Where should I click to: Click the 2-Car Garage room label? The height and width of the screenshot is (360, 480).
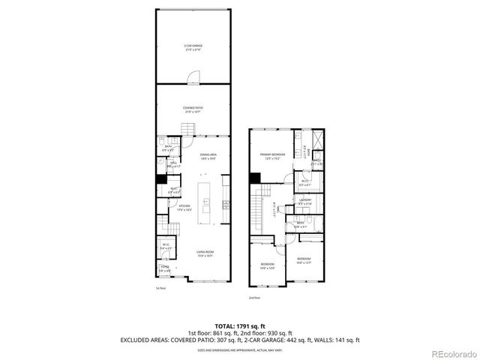pyautogui.click(x=193, y=47)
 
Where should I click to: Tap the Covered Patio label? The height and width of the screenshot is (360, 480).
pyautogui.click(x=193, y=109)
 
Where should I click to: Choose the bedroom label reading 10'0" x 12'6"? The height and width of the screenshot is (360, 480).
pyautogui.click(x=268, y=265)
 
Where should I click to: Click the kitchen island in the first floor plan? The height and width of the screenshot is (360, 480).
pyautogui.click(x=203, y=202)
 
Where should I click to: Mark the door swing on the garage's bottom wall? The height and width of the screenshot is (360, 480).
pyautogui.click(x=193, y=76)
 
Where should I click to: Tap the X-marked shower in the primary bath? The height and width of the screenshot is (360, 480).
pyautogui.click(x=316, y=139)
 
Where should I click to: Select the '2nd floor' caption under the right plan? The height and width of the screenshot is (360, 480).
pyautogui.click(x=255, y=298)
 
